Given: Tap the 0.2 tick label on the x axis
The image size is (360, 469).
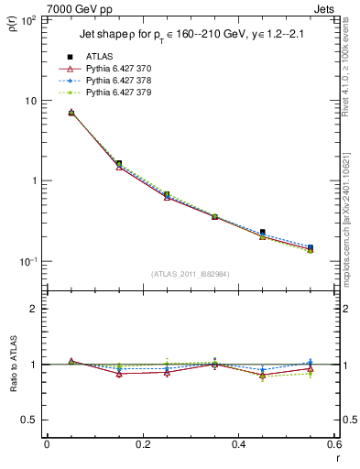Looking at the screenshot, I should point(142,445).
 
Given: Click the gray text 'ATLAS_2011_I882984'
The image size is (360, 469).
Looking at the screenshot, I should point(190,273).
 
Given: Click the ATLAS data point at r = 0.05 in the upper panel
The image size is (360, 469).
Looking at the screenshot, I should point(71,113).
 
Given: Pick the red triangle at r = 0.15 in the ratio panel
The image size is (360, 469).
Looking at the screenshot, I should point(119,374).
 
